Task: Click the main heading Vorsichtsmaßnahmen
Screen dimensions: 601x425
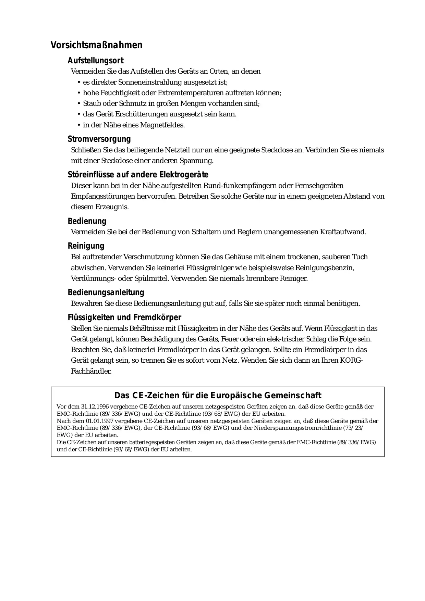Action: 96,45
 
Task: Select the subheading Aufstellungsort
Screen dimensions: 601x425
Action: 95,61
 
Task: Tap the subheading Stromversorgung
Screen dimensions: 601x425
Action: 99,139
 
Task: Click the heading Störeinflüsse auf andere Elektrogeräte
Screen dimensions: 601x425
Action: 138,175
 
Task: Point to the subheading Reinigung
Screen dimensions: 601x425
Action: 86,246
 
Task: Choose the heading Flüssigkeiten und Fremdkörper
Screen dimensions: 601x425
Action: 124,318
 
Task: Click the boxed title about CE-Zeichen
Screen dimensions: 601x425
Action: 218,396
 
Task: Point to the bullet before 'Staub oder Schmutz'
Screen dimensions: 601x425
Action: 79,104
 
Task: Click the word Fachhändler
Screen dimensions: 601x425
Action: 91,371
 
